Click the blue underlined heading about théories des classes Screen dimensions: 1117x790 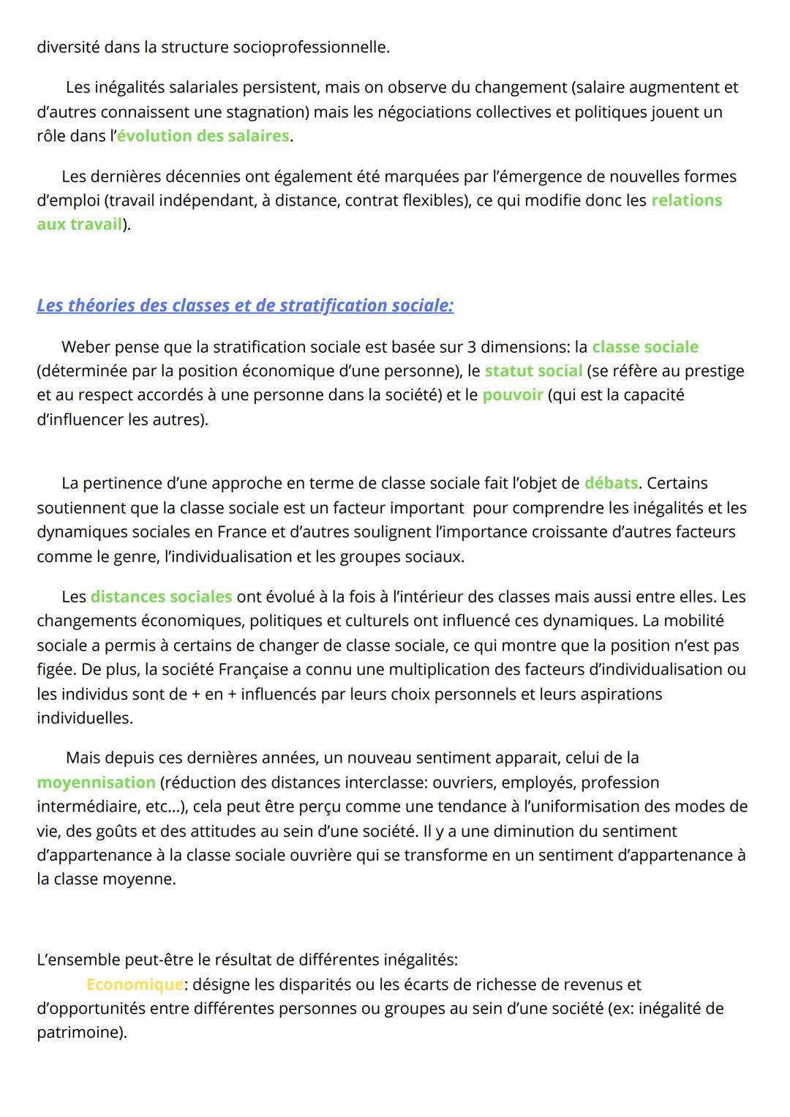click(245, 305)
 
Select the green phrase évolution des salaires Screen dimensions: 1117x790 click(203, 136)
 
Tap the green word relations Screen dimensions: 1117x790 click(686, 201)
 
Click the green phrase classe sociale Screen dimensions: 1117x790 click(645, 347)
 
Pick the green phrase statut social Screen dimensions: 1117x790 click(533, 371)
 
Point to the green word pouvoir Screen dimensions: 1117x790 click(512, 395)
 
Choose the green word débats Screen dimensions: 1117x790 click(611, 484)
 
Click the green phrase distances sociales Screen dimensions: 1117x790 click(161, 597)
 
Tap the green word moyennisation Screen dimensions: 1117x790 click(96, 782)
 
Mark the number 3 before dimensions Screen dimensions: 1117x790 click(472, 347)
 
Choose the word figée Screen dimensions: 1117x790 click(56, 670)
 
